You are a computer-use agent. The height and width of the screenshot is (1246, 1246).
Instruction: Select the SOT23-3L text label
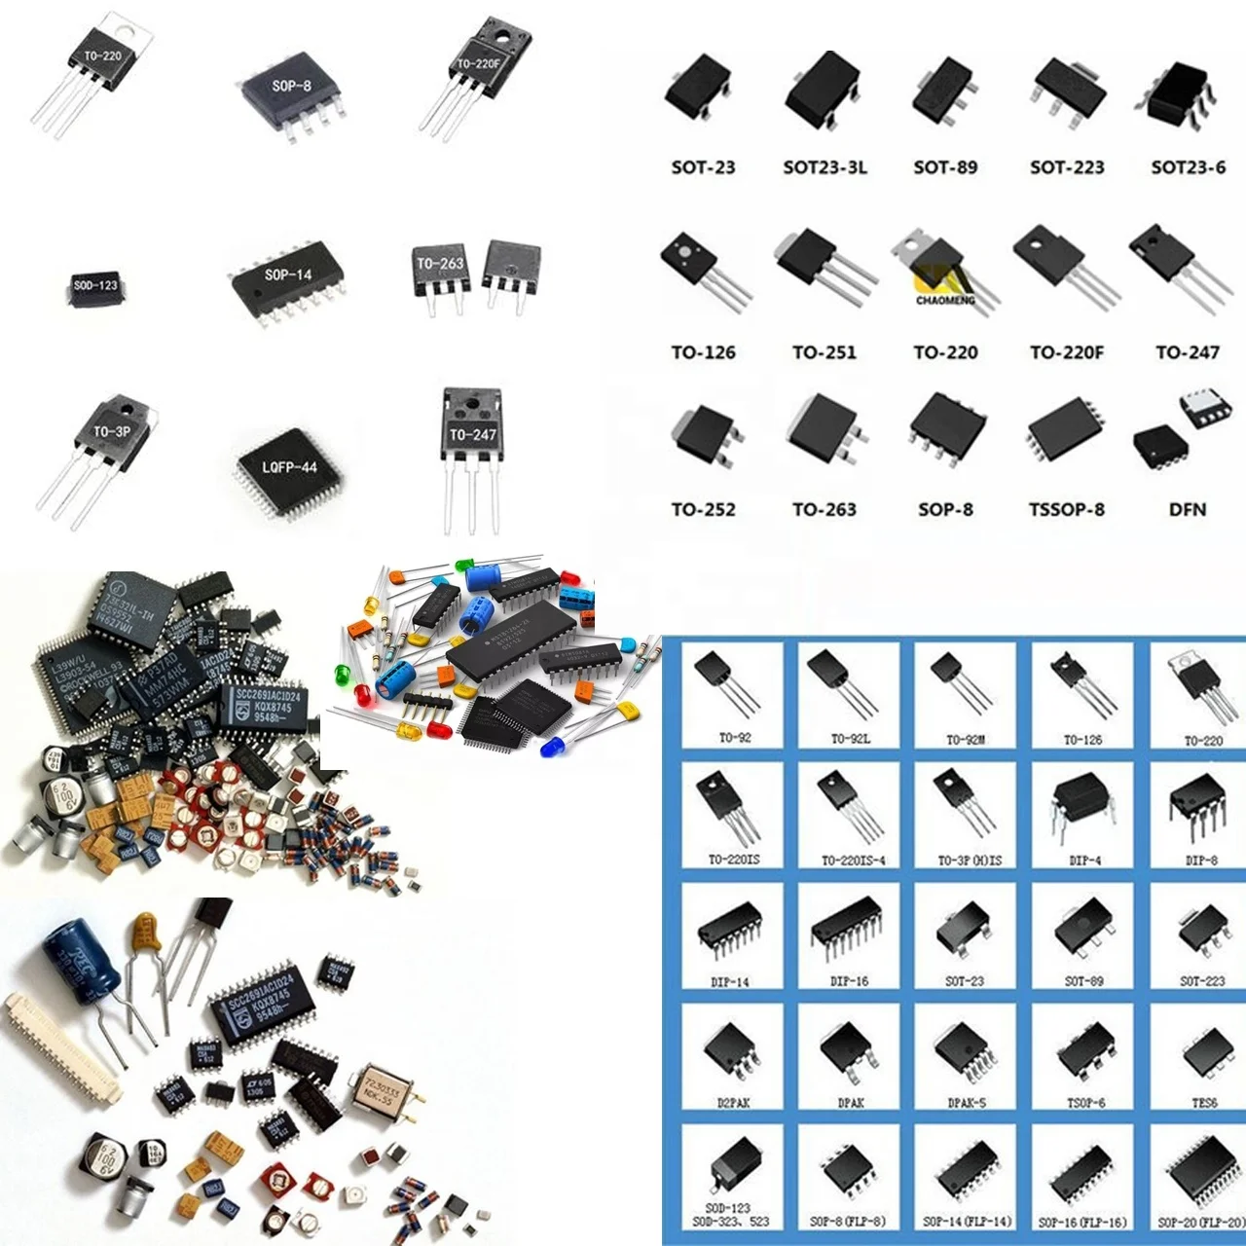825,167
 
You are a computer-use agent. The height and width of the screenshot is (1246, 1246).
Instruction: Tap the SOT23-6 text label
1188,167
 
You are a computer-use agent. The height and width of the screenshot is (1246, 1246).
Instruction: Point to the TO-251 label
825,352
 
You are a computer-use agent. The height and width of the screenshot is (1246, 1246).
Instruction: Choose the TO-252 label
703,509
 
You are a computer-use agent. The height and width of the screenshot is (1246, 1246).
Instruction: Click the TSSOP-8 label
1067,509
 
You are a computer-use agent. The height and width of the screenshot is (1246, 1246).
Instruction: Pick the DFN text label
1188,509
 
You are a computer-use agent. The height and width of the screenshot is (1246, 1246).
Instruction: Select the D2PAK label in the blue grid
734,1103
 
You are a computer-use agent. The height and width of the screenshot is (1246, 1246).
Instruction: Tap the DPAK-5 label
966,1103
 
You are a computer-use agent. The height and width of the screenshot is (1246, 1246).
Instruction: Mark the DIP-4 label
1084,861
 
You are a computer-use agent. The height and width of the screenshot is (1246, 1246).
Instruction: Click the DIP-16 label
849,981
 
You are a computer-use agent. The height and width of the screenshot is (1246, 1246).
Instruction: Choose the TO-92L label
851,739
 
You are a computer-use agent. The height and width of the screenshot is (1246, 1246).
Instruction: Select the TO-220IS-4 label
853,861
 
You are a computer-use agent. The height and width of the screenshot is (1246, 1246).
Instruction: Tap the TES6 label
1204,1103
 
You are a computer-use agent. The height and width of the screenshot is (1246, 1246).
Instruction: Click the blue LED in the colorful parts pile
552,746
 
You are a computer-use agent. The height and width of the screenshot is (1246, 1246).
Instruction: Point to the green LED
342,673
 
